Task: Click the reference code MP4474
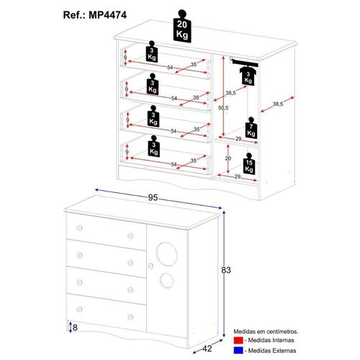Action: click(x=107, y=15)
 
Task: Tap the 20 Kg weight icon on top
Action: click(x=182, y=27)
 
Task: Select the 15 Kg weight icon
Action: click(x=249, y=164)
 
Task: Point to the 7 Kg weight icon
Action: click(x=251, y=128)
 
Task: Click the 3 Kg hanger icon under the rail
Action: click(x=248, y=76)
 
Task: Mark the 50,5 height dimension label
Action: click(x=223, y=108)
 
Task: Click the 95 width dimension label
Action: click(x=153, y=197)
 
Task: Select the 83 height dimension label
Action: click(x=226, y=270)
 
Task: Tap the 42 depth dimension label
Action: click(x=207, y=348)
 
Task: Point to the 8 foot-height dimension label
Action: click(x=75, y=328)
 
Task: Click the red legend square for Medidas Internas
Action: click(x=238, y=340)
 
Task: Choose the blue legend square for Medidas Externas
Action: click(x=238, y=351)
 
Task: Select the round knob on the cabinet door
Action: click(x=150, y=266)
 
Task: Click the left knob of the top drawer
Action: click(x=79, y=228)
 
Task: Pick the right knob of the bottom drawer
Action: click(x=130, y=317)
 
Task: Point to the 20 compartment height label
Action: click(x=228, y=158)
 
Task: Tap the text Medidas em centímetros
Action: click(x=266, y=332)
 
